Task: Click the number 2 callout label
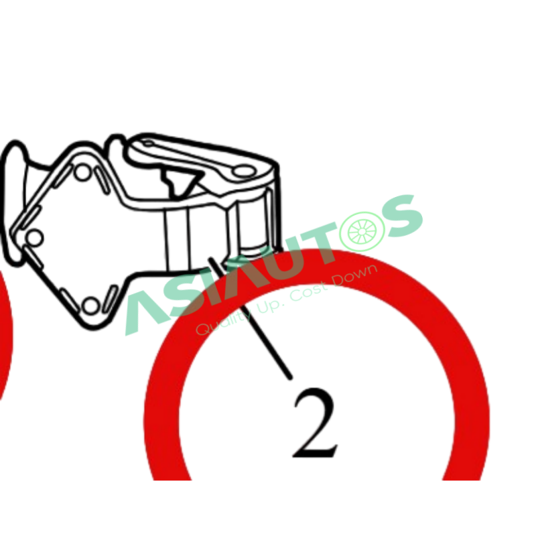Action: (x=316, y=423)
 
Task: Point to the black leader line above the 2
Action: (x=250, y=318)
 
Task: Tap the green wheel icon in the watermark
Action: (x=362, y=231)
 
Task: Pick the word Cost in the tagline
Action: (x=308, y=292)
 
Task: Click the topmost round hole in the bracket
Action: (x=82, y=173)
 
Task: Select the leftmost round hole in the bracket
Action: (x=35, y=237)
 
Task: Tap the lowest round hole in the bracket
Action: (x=90, y=306)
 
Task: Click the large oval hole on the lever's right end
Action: (x=243, y=171)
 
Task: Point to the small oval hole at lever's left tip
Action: (x=147, y=143)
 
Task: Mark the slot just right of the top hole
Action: (x=103, y=180)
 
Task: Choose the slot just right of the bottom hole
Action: (x=111, y=299)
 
